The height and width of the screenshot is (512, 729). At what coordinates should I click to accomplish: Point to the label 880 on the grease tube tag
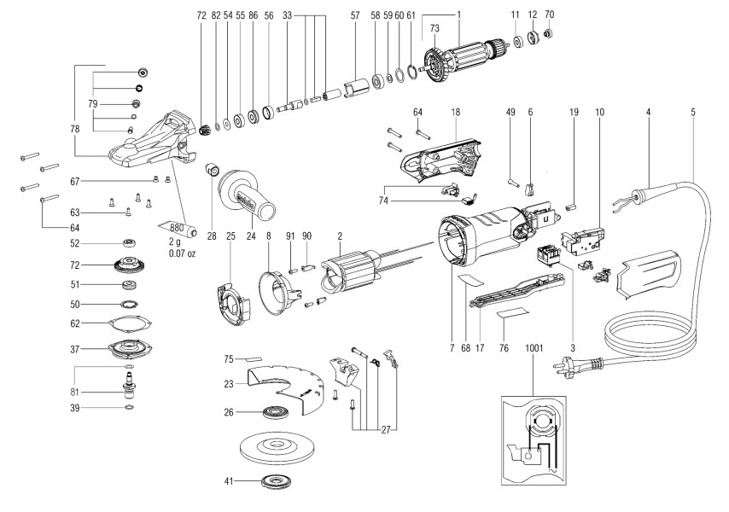178,228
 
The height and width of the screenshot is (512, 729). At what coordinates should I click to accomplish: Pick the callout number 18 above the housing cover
456,112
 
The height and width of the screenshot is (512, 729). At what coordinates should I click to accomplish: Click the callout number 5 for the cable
692,112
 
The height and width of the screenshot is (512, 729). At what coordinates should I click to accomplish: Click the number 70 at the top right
549,15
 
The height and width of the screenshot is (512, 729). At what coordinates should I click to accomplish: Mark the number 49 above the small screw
510,112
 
